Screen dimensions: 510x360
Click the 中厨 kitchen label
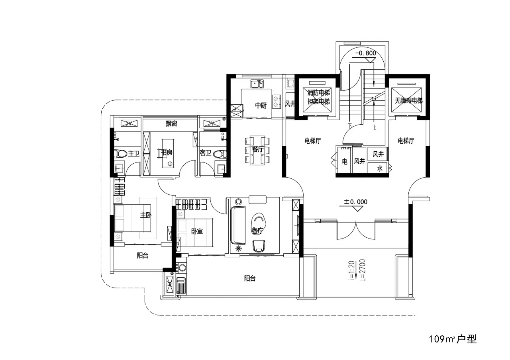[x=261, y=106]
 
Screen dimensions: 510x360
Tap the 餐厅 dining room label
[x=258, y=149]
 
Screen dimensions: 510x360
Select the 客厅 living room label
[x=257, y=231]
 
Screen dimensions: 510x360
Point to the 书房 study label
[x=167, y=152]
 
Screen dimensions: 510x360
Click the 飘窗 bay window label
[x=171, y=123]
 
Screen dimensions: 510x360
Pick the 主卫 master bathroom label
[x=133, y=154]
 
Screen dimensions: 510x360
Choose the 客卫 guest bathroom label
[x=205, y=153]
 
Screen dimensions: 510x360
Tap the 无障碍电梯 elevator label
[x=409, y=100]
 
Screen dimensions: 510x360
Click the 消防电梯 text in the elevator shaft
[x=318, y=93]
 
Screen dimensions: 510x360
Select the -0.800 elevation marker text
[x=366, y=53]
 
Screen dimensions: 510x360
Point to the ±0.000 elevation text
[x=356, y=202]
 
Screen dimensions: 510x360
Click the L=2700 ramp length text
[x=363, y=270]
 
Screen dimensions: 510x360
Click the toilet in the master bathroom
[x=120, y=154]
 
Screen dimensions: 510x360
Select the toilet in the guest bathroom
[x=220, y=154]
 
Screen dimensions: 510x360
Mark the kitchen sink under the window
[x=257, y=84]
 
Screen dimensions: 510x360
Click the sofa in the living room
[x=238, y=225]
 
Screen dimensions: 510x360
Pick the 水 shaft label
[x=380, y=168]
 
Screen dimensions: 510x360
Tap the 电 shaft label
[x=345, y=162]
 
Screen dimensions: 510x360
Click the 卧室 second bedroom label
[x=197, y=231]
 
